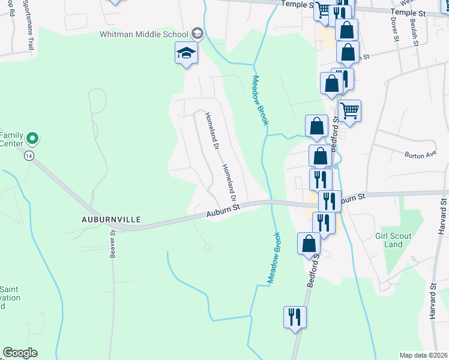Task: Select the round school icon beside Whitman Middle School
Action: pos(197,34)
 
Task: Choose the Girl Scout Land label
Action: pos(393,240)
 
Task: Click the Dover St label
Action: pos(395,29)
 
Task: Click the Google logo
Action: pos(19,352)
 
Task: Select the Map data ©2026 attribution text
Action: pos(423,355)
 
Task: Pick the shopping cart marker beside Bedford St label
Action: pos(349,110)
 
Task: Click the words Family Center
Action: pos(11,139)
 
